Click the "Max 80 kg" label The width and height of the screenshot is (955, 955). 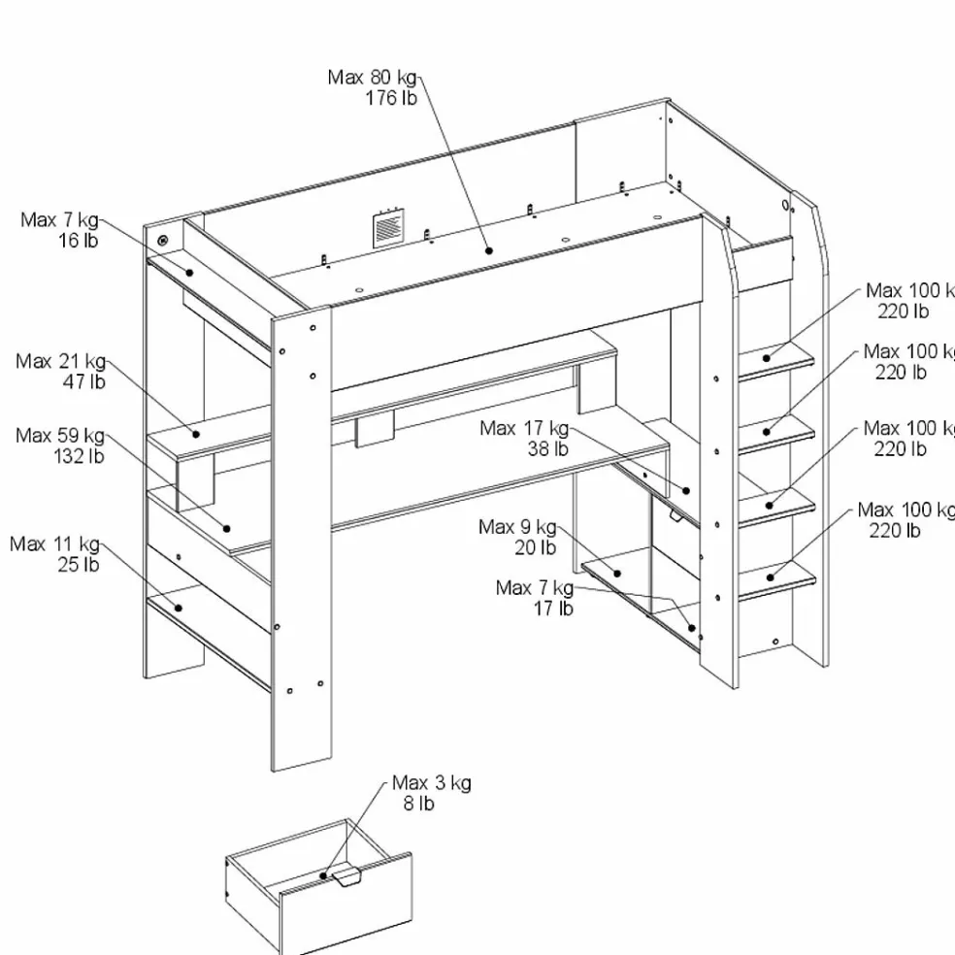(373, 78)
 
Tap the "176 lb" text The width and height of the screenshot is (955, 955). (391, 98)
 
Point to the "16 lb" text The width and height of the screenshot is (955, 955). (78, 241)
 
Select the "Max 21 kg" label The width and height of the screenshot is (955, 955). (60, 362)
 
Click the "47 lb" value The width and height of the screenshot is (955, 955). (83, 382)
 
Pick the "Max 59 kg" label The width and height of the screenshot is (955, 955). (59, 436)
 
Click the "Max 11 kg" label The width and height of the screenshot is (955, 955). (55, 543)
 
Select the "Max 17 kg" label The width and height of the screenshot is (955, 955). (524, 428)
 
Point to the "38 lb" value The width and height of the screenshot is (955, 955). (547, 448)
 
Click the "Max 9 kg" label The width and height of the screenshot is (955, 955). (517, 527)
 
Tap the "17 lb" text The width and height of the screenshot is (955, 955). (552, 609)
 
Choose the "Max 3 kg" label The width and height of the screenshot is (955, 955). (432, 783)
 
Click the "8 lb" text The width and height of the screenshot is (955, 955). (418, 804)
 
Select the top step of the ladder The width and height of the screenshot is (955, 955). (777, 357)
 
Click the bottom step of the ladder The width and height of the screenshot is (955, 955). (777, 575)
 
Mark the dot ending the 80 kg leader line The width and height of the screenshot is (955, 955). (489, 250)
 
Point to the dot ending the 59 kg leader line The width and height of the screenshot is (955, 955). (227, 529)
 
